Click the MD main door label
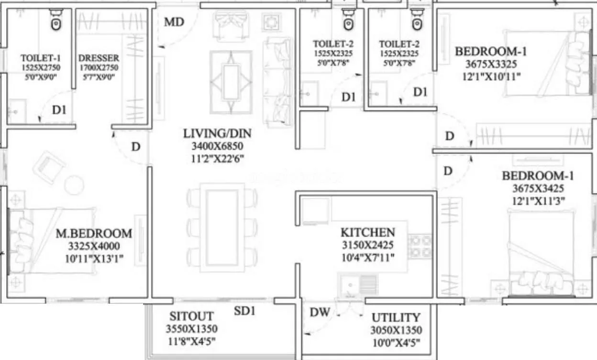pos(174,22)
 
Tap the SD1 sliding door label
pos(245,311)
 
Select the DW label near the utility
pos(320,313)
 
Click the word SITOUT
pos(191,316)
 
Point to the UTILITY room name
pos(396,317)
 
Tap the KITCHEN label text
pos(368,233)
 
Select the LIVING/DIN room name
pos(217,133)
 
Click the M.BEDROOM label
pos(94,234)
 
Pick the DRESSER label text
pos(99,58)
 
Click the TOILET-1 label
pos(41,58)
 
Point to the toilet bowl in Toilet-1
pos(56,22)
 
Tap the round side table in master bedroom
pos(74,185)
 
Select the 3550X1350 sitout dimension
pos(191,329)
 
